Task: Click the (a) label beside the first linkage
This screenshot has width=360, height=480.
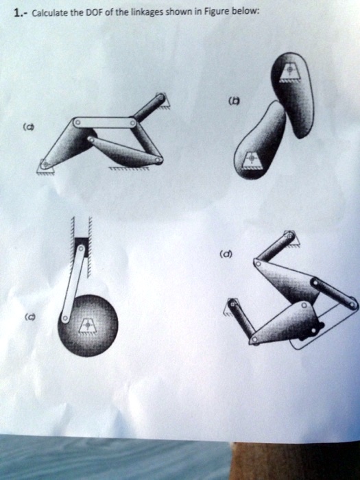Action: tap(28, 126)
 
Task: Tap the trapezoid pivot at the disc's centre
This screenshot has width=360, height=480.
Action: tap(86, 324)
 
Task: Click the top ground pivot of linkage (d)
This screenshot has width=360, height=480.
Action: tap(290, 239)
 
